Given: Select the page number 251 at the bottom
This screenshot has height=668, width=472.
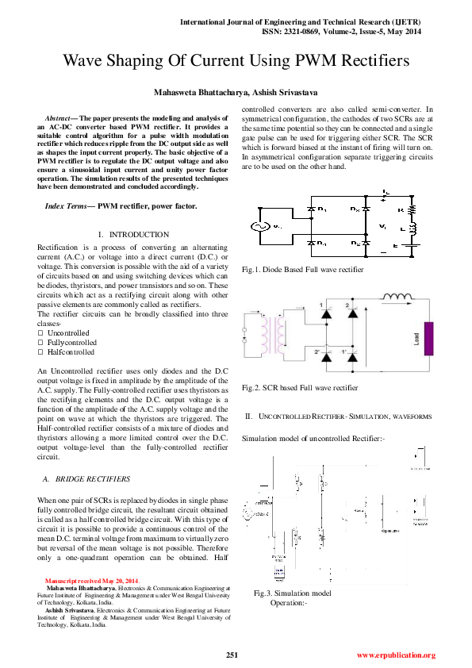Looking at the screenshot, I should (232, 655).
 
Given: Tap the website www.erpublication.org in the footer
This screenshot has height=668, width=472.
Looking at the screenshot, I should (396, 655).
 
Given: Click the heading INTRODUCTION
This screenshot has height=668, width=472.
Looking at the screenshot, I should (138, 235).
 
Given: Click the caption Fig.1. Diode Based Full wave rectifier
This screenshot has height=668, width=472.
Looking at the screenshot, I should (303, 270).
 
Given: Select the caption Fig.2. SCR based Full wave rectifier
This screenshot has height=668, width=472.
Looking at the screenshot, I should (300, 388).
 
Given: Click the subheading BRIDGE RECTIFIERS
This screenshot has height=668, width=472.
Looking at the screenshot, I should (85, 479).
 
